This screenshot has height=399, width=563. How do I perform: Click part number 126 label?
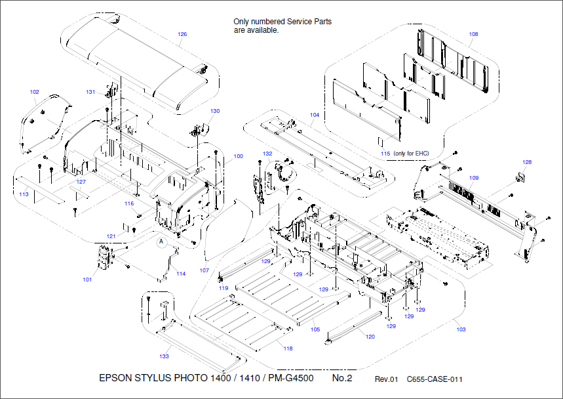[182, 34]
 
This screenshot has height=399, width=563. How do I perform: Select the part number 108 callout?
[473, 34]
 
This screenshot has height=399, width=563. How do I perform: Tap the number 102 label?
[35, 93]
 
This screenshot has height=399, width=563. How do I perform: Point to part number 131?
[90, 92]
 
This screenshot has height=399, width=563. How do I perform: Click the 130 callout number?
[215, 112]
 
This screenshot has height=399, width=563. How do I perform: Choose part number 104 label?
[315, 115]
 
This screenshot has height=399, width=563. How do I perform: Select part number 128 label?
[527, 162]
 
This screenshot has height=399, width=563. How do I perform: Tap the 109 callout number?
[474, 178]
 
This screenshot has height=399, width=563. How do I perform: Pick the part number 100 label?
[238, 156]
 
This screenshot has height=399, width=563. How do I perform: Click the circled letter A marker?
[161, 243]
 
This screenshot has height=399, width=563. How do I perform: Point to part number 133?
[164, 356]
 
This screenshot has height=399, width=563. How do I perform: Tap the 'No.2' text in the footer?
[342, 379]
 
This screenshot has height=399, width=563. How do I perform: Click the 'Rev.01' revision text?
[386, 379]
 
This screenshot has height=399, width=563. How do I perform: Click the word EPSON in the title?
[116, 379]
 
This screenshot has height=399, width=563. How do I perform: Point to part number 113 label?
[24, 195]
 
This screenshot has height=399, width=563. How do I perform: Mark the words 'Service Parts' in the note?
[309, 22]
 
